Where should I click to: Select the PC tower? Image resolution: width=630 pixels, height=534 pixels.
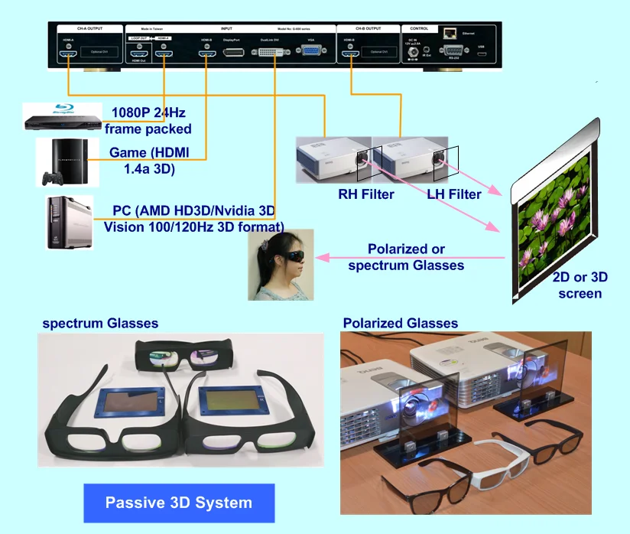tap(69, 223)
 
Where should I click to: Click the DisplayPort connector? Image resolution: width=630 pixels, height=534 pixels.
tap(234, 51)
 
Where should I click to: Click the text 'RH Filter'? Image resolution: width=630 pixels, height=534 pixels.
tap(366, 194)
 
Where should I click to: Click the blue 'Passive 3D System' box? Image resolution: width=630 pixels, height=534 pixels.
tap(178, 503)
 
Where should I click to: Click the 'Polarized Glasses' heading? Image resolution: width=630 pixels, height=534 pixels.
tap(401, 323)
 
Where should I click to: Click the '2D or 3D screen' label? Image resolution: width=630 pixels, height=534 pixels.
tap(580, 285)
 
